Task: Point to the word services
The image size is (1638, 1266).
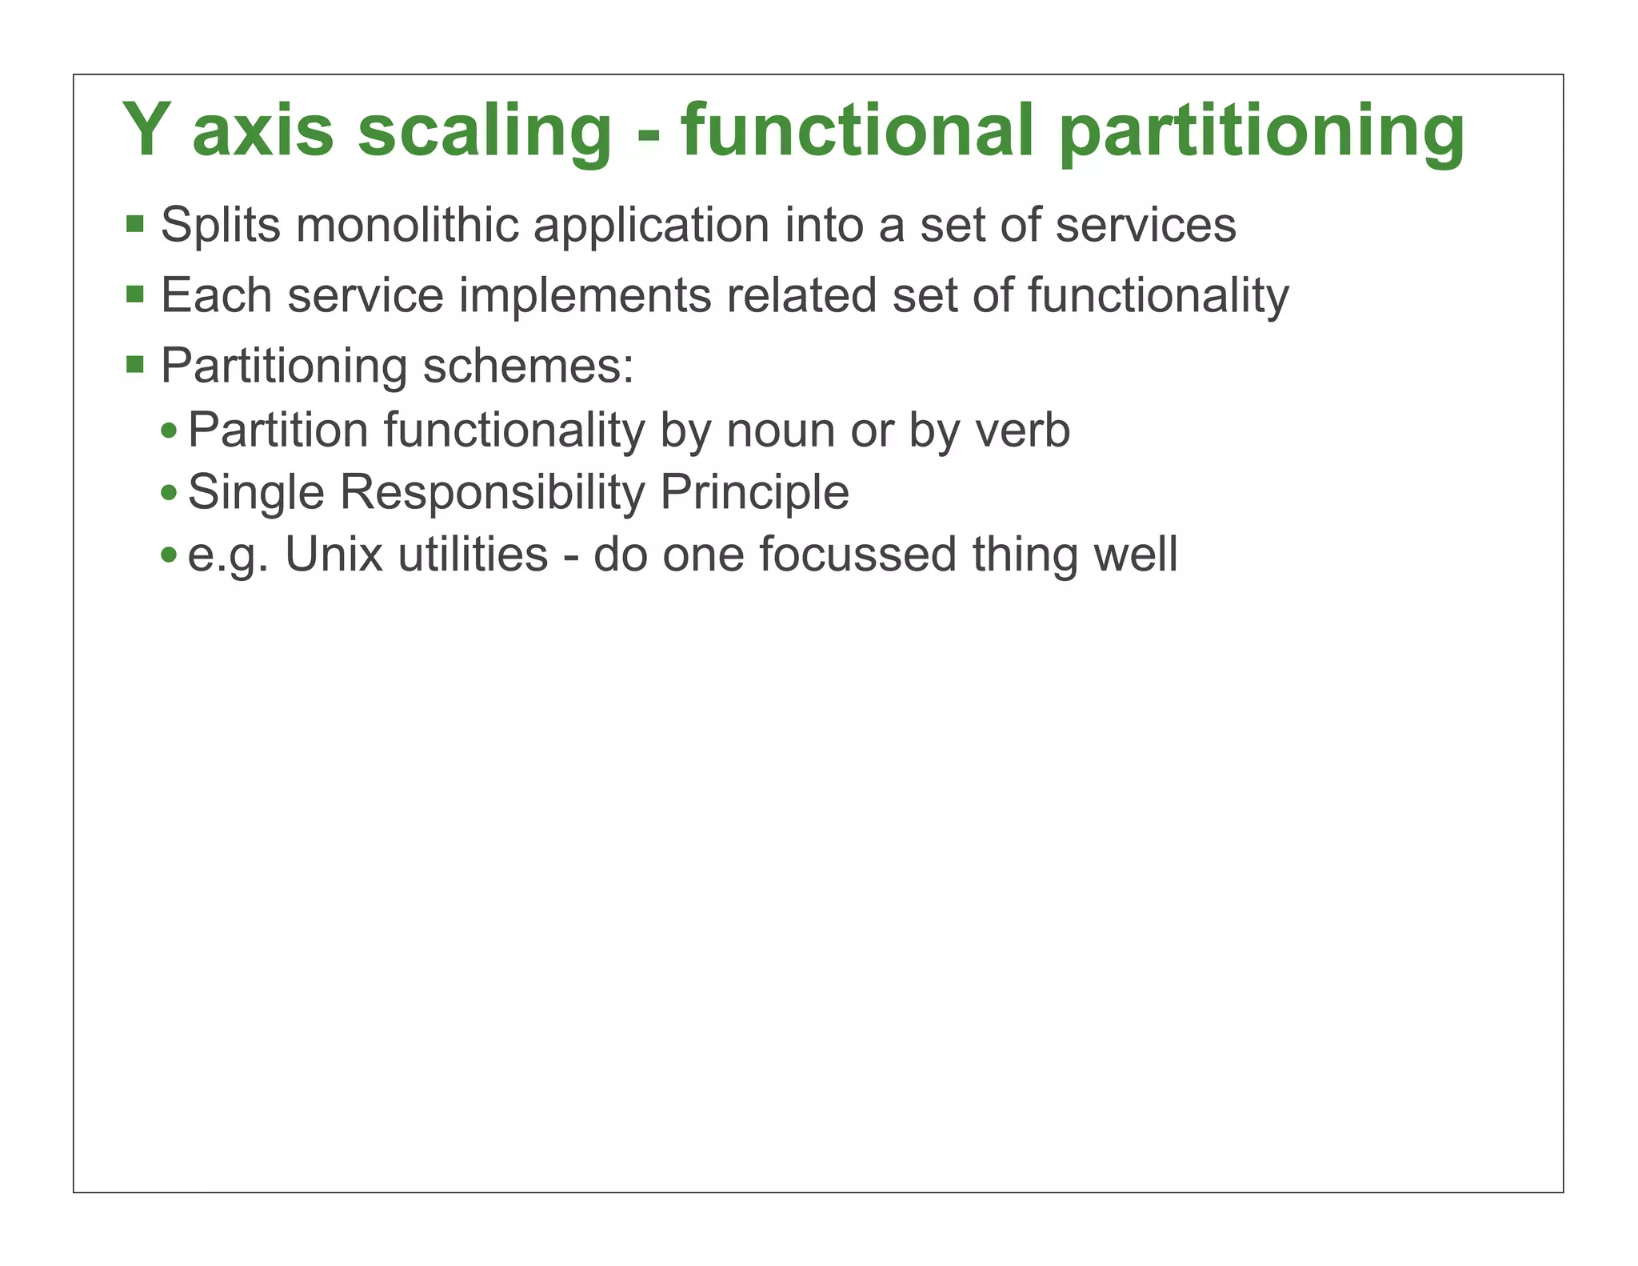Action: (x=1145, y=226)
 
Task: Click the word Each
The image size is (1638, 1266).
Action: (x=217, y=294)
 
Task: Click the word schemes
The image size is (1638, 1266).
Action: (x=528, y=366)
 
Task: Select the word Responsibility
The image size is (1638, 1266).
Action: (x=492, y=492)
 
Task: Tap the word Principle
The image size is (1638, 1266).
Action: (x=754, y=492)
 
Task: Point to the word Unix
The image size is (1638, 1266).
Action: (x=334, y=554)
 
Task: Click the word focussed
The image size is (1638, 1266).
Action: (x=857, y=554)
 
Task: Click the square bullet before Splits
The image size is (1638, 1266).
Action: (x=135, y=223)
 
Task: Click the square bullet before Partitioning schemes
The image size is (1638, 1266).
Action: (x=135, y=365)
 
